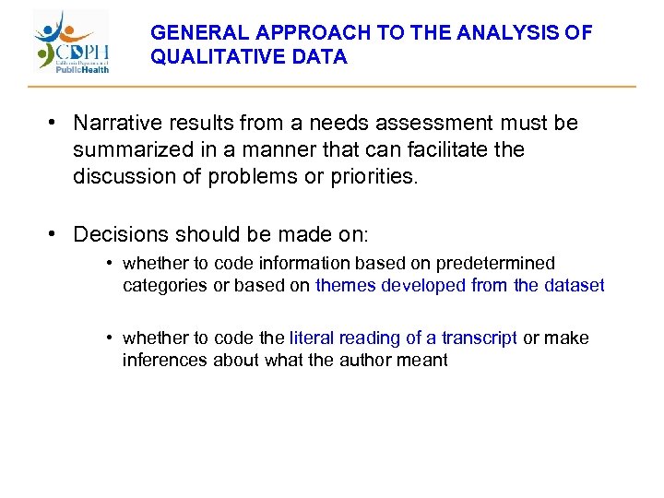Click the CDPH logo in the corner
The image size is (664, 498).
(72, 42)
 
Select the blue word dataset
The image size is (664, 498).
(572, 285)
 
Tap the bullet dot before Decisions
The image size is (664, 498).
(56, 234)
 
